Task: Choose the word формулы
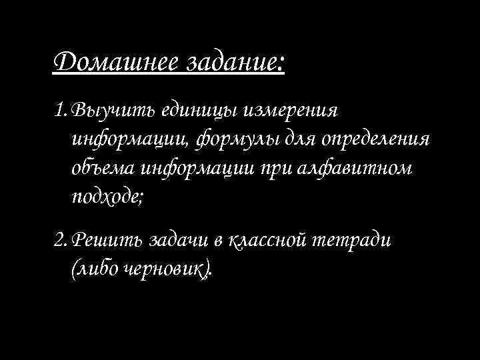(231, 140)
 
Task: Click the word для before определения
(303, 140)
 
